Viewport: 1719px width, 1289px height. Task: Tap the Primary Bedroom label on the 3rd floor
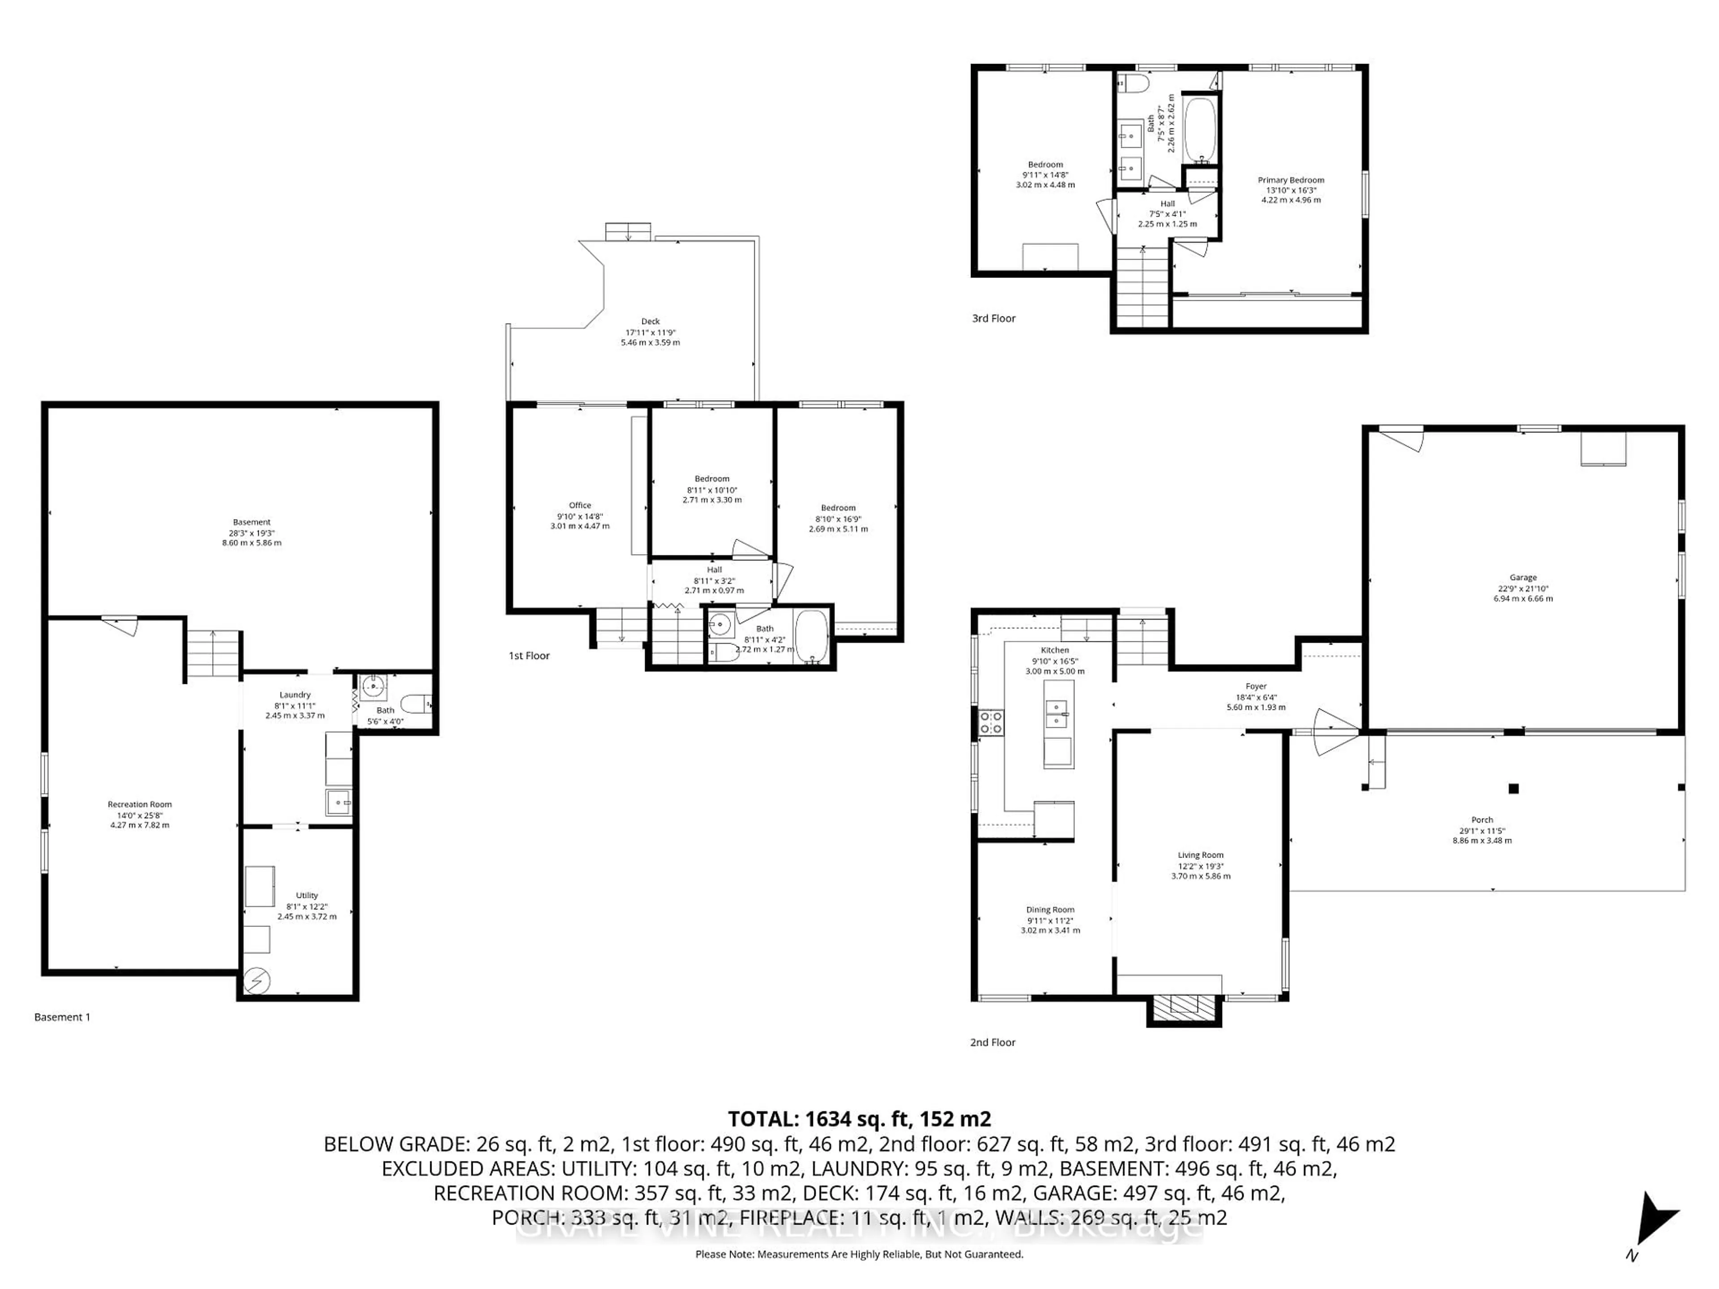point(1291,179)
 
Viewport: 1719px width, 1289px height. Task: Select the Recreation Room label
point(140,804)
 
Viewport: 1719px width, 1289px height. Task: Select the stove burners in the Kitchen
point(991,722)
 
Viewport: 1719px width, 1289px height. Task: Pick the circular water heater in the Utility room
point(257,982)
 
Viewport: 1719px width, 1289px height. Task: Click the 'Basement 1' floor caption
point(62,1017)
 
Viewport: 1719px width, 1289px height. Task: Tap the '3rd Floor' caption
point(993,318)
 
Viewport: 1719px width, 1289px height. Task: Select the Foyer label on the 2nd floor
point(1256,686)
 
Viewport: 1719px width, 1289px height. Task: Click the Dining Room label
point(1050,909)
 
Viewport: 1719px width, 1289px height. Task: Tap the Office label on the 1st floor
point(580,505)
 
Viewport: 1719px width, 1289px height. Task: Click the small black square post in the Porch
point(1513,789)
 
